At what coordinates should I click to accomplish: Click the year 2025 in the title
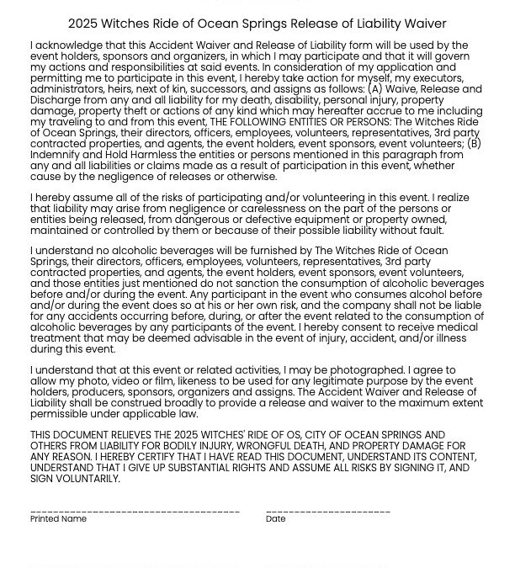(83, 24)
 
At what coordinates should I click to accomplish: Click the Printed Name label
(58, 519)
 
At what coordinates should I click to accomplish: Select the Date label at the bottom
(275, 519)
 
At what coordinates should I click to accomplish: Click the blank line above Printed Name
(135, 511)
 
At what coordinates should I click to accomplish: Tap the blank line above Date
(328, 511)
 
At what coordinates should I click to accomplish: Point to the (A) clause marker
(375, 89)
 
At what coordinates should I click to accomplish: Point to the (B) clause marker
(474, 144)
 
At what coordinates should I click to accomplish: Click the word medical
(459, 327)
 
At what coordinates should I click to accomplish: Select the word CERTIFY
(131, 457)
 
